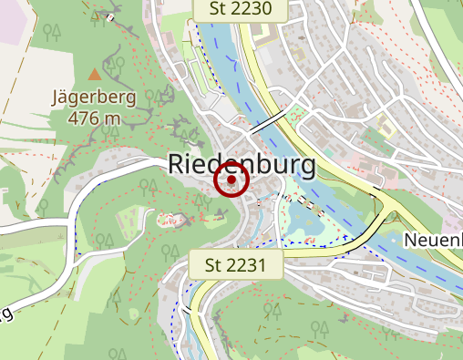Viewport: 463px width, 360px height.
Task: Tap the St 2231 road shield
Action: (x=235, y=266)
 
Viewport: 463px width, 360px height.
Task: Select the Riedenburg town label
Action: (x=242, y=165)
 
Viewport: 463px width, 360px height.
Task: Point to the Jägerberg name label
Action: (x=95, y=98)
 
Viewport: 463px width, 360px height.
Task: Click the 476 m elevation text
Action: (x=94, y=118)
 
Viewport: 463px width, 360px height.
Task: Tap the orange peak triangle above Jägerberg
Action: (x=95, y=73)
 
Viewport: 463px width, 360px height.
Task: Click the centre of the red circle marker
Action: (x=231, y=180)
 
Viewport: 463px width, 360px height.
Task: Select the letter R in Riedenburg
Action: (x=179, y=165)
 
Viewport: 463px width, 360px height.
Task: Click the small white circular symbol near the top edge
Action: (x=110, y=17)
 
